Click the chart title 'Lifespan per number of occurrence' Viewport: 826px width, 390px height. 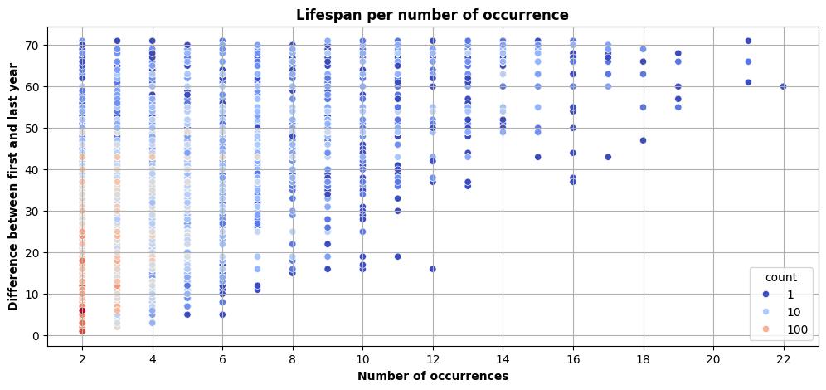tap(431, 14)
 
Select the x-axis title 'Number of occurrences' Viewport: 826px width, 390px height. tap(431, 376)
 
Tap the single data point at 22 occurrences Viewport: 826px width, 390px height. tap(783, 86)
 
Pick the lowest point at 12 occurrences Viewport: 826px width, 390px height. tap(432, 269)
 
